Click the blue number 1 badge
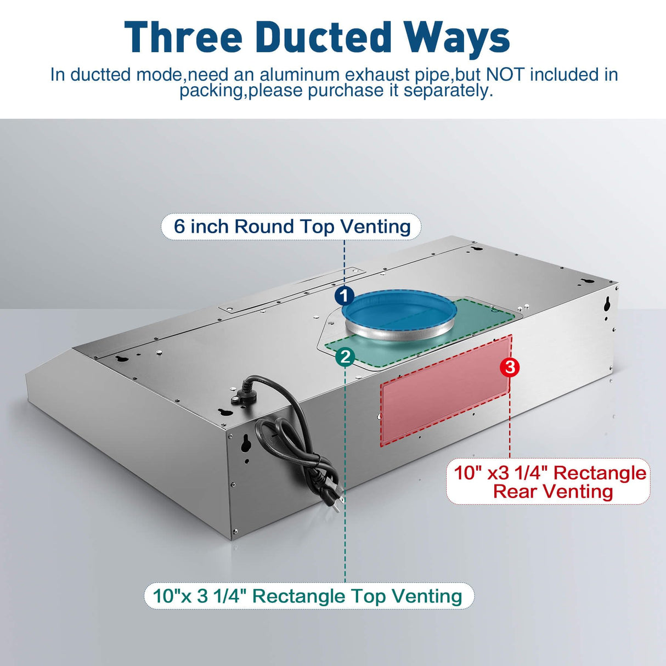tap(344, 296)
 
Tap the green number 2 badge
tap(345, 357)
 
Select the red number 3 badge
tap(510, 367)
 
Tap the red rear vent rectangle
tap(446, 391)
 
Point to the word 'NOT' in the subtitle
tap(505, 74)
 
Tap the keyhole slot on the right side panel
tap(607, 303)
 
